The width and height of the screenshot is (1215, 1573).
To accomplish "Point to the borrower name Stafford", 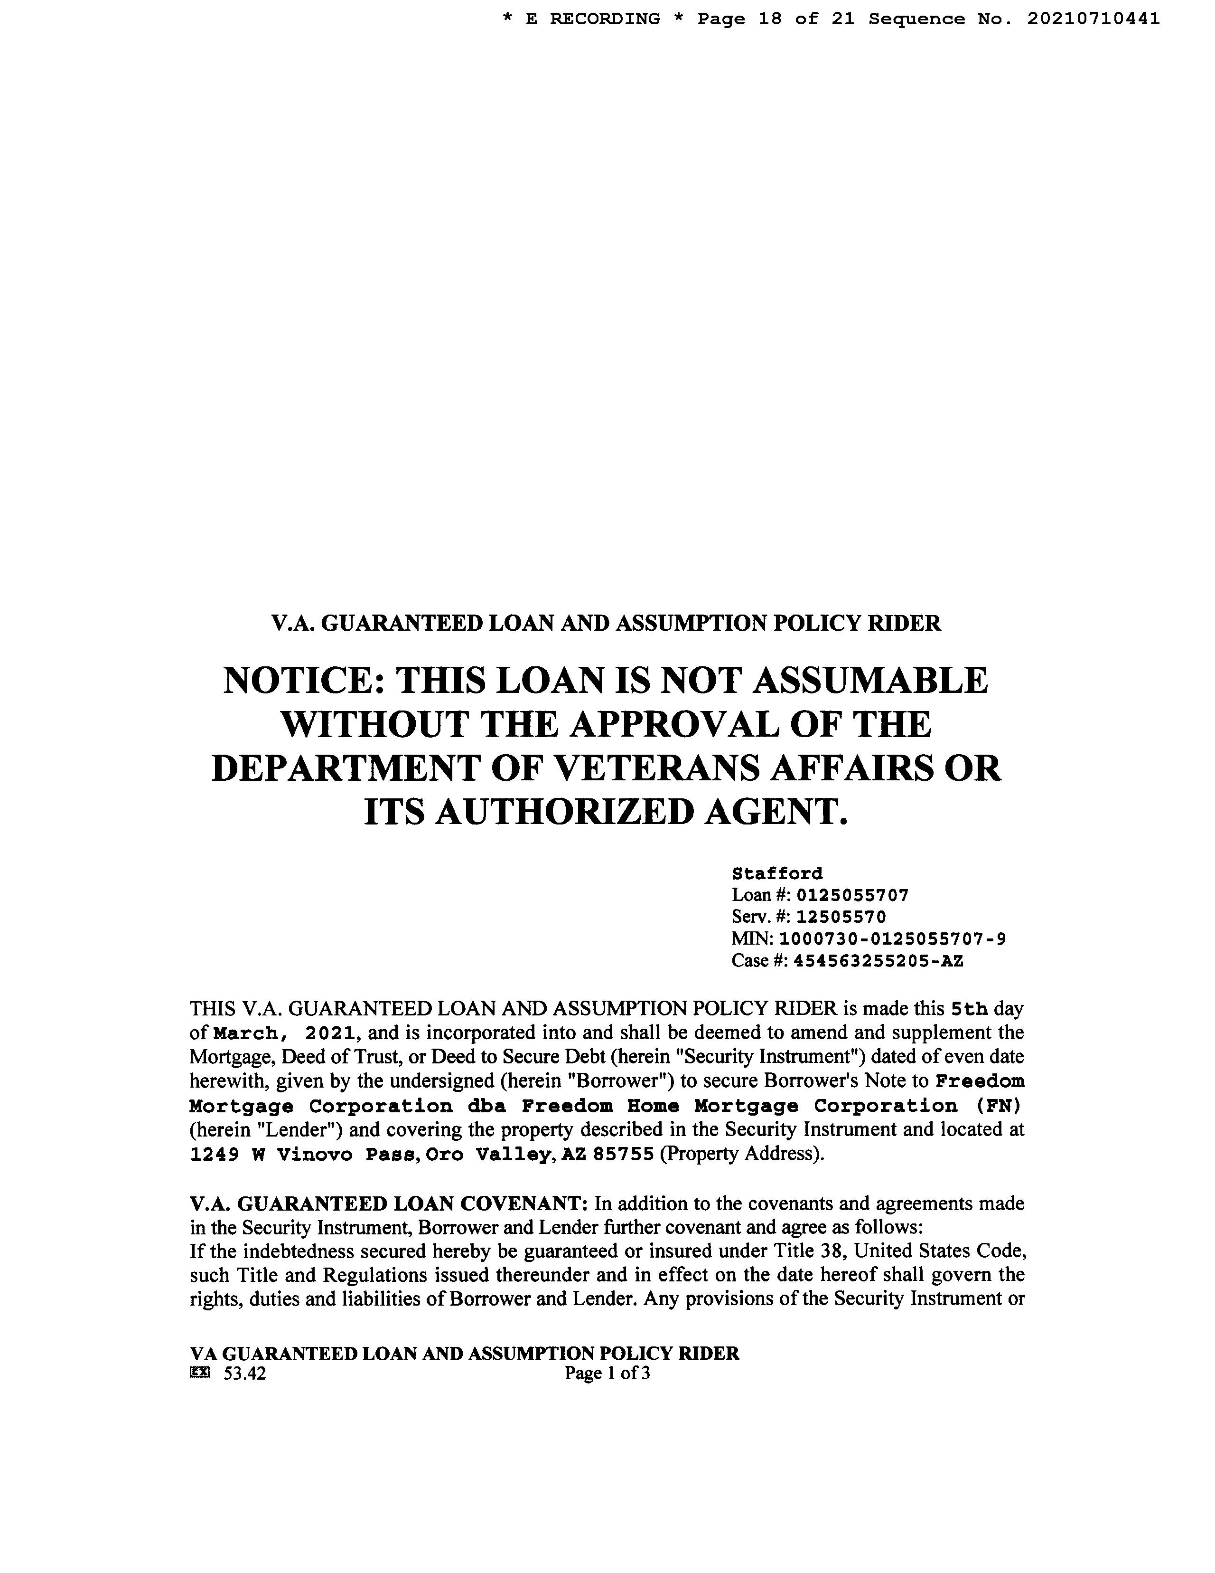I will (776, 873).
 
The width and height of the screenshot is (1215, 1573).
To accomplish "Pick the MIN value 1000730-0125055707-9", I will (893, 938).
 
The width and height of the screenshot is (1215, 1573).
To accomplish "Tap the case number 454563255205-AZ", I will (878, 961).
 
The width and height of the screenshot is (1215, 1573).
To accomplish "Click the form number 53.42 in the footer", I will (245, 1374).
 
